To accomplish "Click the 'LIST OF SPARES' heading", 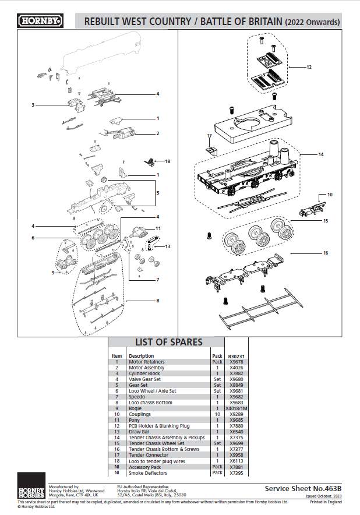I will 169,342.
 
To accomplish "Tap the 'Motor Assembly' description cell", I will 146,368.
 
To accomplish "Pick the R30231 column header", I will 237,355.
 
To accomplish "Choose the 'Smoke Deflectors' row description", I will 148,472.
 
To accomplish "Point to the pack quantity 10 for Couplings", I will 217,414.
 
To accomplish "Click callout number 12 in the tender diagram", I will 309,67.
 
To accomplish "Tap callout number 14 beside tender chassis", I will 320,155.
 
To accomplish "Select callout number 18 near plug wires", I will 167,161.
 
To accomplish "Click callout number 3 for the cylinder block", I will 33,105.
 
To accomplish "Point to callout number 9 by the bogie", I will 53,272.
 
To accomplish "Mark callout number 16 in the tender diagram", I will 326,253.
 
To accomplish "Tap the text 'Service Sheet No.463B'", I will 302,489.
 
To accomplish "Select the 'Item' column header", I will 117,355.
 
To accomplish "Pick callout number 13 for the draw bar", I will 168,246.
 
